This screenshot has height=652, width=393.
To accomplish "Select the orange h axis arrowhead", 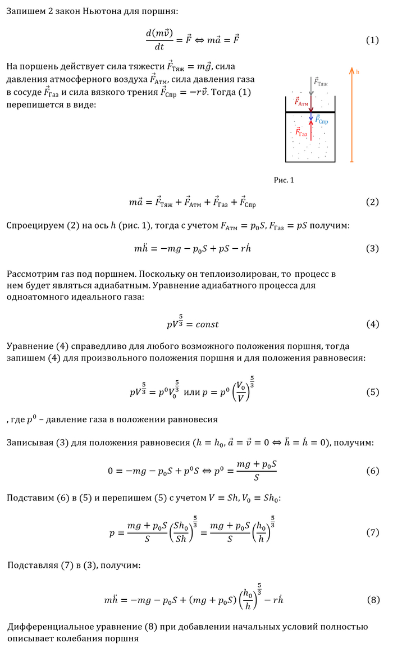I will click(351, 70).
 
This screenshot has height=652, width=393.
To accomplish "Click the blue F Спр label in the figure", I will click(322, 120).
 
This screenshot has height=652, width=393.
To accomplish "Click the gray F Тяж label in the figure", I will click(321, 82).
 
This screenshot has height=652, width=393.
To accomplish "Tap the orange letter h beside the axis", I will click(358, 72).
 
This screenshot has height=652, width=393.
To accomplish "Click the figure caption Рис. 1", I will click(284, 180).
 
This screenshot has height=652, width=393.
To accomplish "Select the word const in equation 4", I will click(203, 325).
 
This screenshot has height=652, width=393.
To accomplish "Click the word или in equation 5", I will click(193, 392).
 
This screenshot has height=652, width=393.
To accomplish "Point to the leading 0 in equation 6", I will click(111, 471).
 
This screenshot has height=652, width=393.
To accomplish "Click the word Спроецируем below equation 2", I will click(35, 225).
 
